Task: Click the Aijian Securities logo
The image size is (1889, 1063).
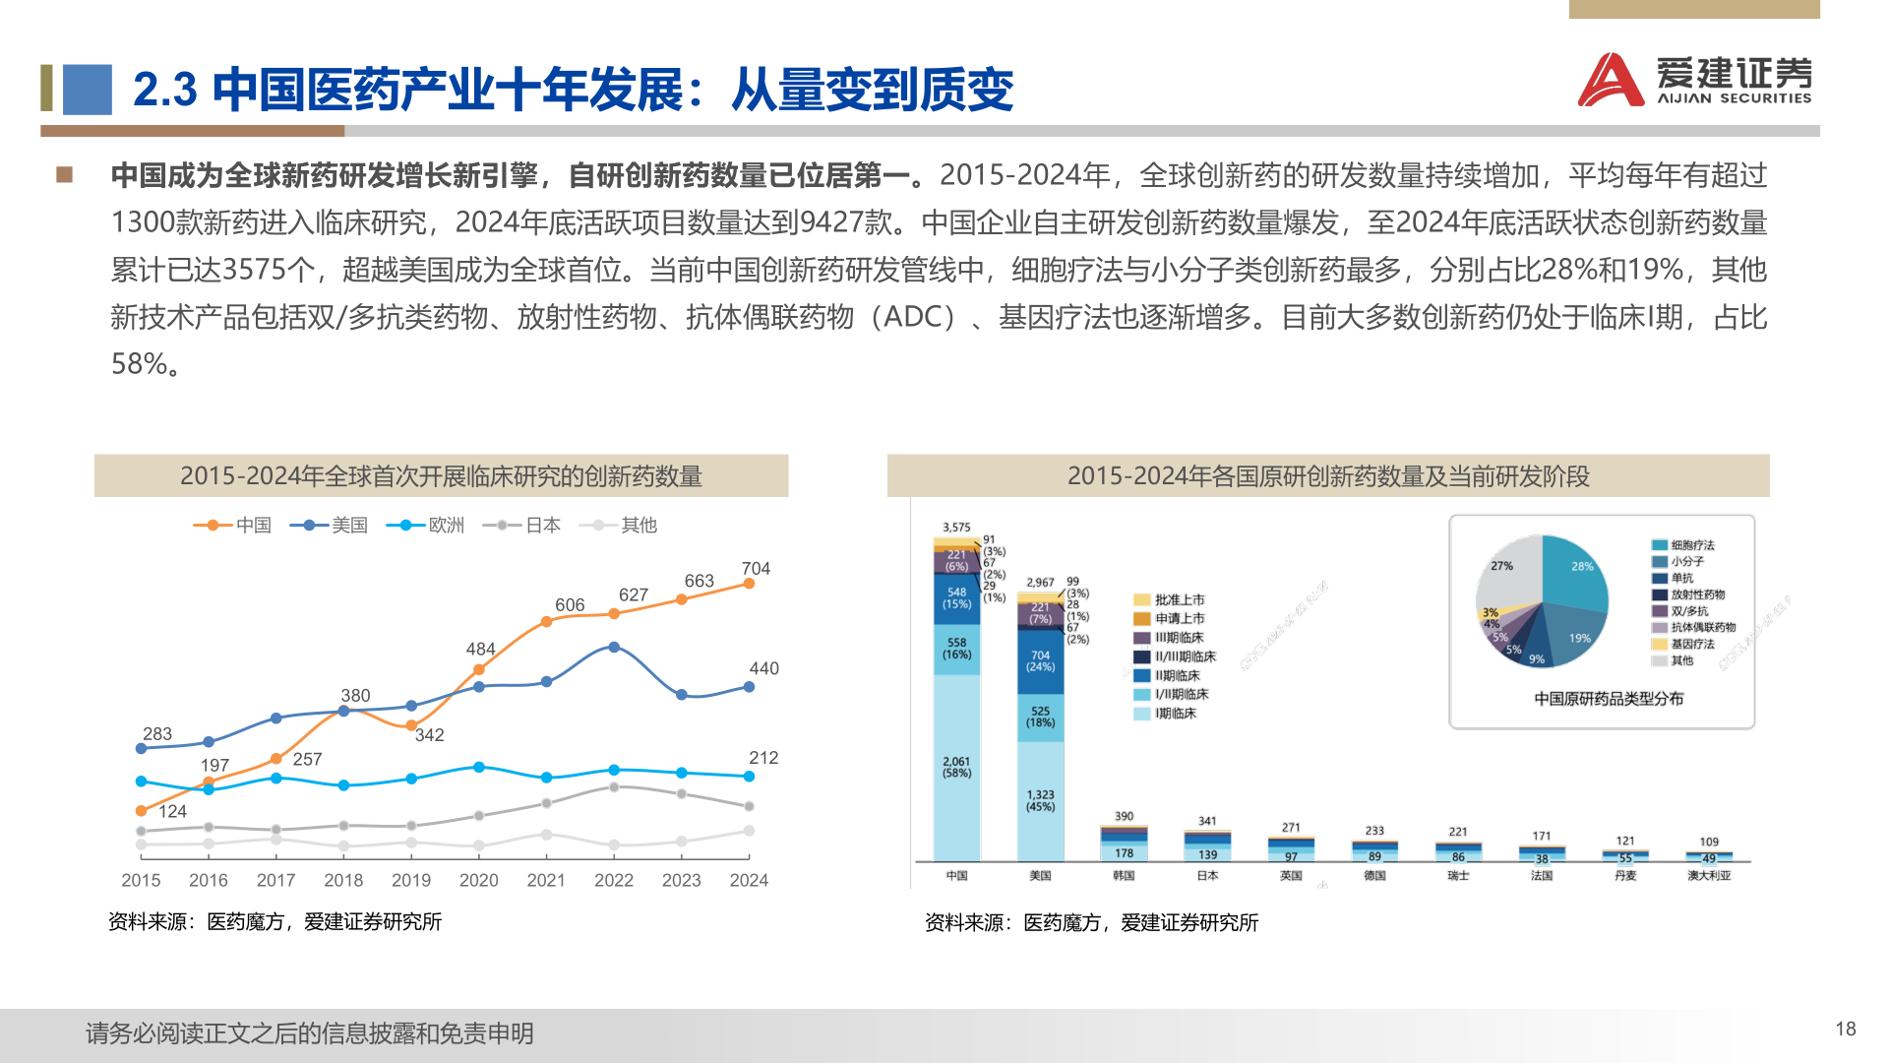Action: click(1694, 79)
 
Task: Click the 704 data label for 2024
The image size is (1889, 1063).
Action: click(756, 569)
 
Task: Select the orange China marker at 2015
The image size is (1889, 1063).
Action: click(141, 811)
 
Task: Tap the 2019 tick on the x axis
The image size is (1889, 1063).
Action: click(411, 880)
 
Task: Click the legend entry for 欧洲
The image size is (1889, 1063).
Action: click(426, 526)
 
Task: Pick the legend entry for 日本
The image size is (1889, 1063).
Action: click(522, 526)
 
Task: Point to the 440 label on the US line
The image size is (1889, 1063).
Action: click(763, 668)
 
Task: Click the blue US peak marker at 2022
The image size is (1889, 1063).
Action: click(614, 647)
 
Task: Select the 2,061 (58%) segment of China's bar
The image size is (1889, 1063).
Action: click(956, 768)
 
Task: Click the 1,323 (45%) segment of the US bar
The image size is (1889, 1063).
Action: click(1040, 800)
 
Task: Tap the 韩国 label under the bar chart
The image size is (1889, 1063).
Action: click(1124, 875)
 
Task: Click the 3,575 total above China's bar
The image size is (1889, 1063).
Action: click(956, 528)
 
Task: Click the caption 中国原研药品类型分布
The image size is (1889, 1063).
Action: click(1609, 699)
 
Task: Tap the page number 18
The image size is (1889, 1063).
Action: click(1845, 1029)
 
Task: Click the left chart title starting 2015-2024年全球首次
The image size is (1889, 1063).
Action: click(441, 476)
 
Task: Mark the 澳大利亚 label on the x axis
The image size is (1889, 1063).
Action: click(1709, 875)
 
